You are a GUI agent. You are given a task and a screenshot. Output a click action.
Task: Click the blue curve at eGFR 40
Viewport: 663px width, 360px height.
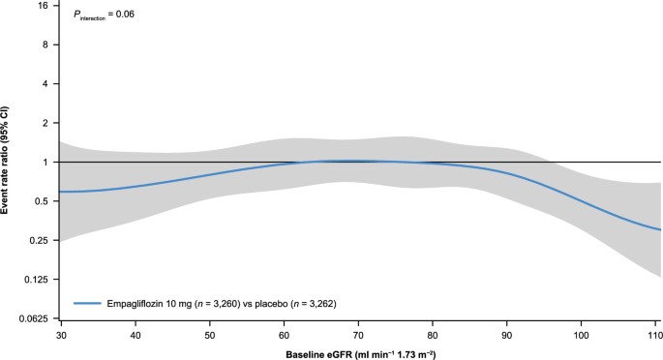135,186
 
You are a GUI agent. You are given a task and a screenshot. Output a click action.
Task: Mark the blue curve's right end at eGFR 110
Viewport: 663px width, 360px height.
659,229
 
